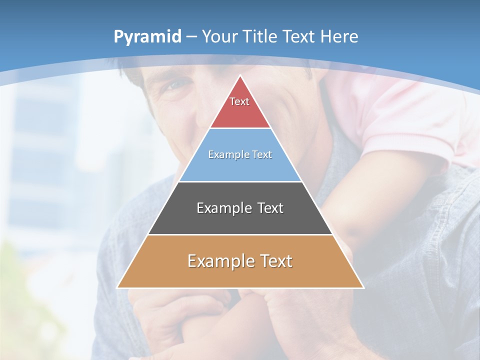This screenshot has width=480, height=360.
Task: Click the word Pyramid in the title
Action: coord(147,37)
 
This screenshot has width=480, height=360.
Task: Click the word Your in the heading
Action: coord(220,36)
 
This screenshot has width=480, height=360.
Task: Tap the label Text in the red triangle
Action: coord(239,101)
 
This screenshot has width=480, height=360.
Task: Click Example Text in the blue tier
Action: coord(240,154)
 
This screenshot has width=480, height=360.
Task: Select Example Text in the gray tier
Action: coord(240,208)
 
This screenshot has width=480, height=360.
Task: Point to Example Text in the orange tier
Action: coord(240,261)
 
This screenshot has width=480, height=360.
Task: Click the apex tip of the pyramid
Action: coord(240,76)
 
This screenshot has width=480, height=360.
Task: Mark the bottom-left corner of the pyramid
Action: coord(118,287)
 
